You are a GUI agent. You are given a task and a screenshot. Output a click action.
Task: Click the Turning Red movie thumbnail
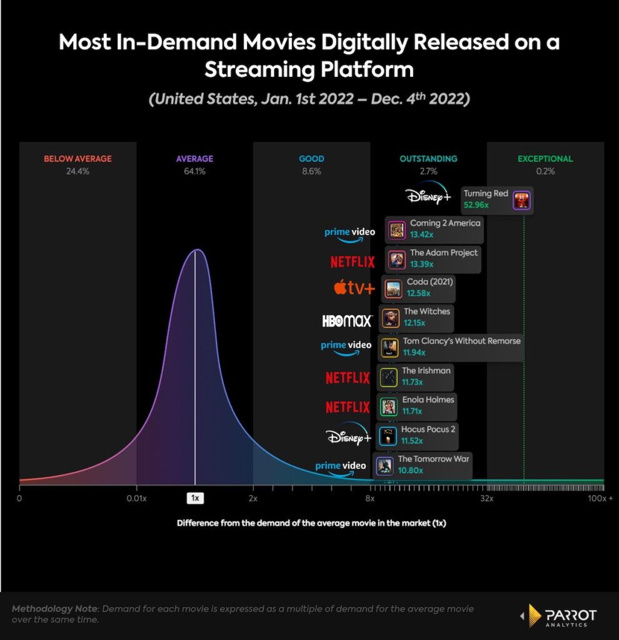[x=521, y=201]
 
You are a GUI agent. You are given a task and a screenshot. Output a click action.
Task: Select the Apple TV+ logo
[x=354, y=288]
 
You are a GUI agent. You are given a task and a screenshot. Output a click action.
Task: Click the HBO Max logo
[x=347, y=321]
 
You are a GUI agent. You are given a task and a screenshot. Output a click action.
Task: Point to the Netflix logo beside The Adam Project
[x=353, y=261]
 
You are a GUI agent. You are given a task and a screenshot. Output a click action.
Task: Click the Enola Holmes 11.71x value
[x=412, y=411]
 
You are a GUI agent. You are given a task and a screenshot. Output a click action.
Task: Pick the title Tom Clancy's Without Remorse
[x=461, y=341]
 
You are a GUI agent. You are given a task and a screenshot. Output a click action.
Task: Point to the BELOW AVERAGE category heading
[x=78, y=159]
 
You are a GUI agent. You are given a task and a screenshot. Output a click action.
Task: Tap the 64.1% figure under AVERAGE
[x=194, y=171]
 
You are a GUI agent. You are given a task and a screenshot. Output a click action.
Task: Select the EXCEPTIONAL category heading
[x=545, y=159]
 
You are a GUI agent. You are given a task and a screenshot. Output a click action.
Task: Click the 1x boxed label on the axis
[x=195, y=498]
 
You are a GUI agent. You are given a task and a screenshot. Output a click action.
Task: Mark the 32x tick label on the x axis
[x=487, y=498]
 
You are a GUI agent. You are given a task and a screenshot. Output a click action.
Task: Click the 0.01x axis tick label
[x=136, y=498]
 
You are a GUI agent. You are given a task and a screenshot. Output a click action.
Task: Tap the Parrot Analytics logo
[x=559, y=616]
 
